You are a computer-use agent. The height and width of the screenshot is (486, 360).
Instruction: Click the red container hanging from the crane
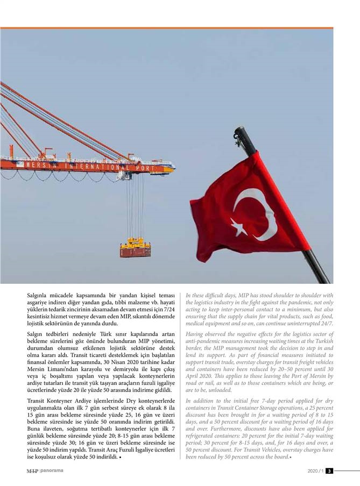(135, 250)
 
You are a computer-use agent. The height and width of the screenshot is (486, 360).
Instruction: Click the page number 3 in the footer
(329, 471)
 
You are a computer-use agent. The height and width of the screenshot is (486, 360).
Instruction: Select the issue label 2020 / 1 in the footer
(315, 471)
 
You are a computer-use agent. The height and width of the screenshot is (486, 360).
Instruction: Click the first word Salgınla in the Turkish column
(38, 296)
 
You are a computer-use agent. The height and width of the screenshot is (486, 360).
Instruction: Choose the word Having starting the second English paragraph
(196, 334)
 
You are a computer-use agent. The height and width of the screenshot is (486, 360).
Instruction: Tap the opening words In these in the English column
(196, 295)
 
